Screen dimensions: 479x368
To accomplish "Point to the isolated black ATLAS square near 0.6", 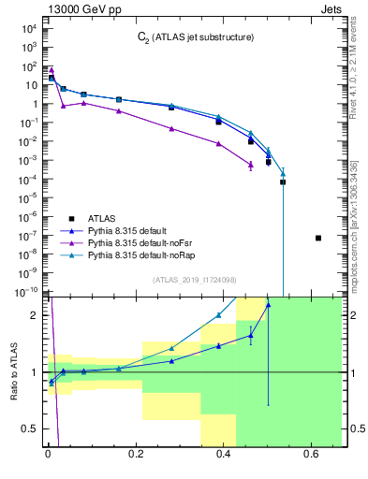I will click(x=318, y=238).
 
